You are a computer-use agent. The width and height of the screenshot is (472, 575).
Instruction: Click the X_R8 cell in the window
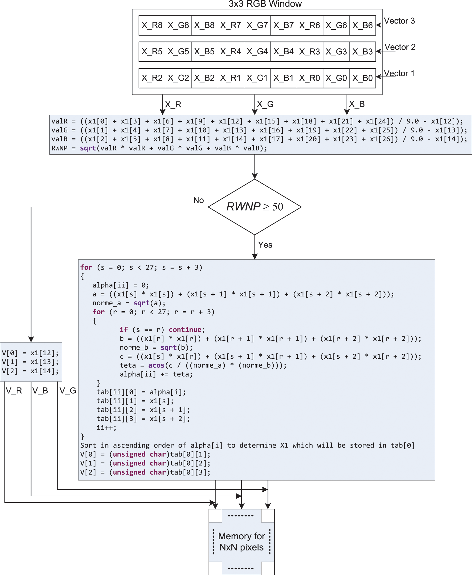152,25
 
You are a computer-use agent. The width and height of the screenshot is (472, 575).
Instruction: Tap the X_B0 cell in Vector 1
363,78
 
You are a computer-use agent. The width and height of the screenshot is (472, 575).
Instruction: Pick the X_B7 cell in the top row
283,25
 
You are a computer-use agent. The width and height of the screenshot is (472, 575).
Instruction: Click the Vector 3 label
399,21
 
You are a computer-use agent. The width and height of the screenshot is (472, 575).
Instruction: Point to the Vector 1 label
399,73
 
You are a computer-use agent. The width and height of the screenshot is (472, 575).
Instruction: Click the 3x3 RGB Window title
265,4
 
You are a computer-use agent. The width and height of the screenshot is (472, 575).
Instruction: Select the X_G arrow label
265,104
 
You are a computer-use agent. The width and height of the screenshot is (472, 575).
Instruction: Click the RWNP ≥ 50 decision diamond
254,207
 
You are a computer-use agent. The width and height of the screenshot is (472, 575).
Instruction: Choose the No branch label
198,200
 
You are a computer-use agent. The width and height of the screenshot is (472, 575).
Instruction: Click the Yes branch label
265,245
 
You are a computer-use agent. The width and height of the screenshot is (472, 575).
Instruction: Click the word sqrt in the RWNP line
88,148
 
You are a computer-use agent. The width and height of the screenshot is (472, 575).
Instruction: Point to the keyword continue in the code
185,330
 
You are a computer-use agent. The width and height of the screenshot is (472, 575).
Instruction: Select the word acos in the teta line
156,365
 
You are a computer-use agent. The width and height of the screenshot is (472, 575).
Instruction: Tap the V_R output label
14,391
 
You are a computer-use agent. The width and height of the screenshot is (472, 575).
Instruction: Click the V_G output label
68,391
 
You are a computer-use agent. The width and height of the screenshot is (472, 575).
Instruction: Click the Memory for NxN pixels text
241,542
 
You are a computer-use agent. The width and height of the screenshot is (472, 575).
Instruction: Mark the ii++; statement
106,428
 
